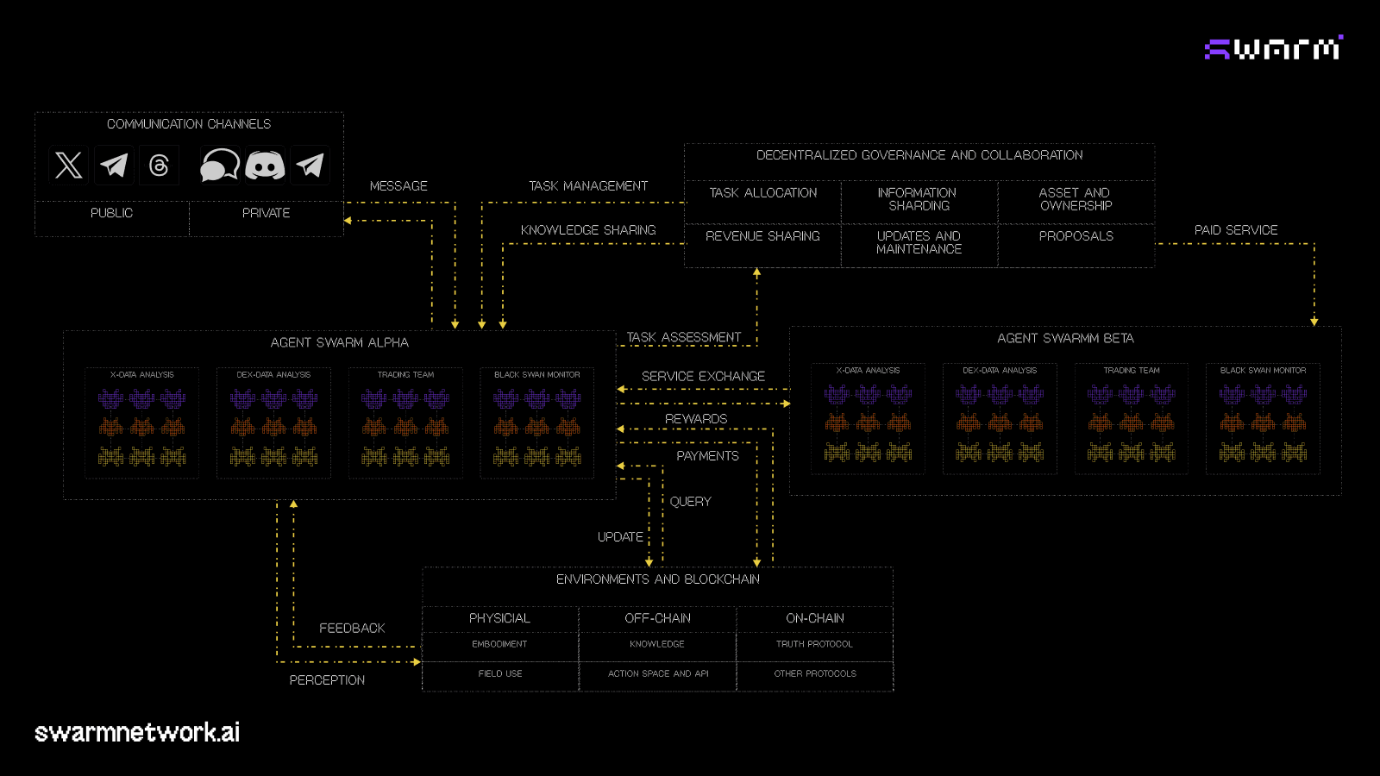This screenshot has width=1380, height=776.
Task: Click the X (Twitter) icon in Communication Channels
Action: tap(69, 165)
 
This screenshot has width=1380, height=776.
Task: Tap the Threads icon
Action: tap(159, 165)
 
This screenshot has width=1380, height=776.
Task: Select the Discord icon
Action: tap(265, 165)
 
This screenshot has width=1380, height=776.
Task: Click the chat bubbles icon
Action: tap(219, 165)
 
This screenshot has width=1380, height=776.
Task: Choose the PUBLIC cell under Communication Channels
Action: tap(112, 213)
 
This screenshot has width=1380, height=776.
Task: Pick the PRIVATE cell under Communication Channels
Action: tap(266, 213)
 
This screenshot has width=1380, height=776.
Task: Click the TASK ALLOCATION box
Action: tap(762, 193)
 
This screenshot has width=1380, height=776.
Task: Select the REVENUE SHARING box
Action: tap(762, 236)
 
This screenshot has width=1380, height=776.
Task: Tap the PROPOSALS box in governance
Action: tap(1076, 236)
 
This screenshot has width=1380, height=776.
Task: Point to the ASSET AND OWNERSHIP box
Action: tap(1076, 199)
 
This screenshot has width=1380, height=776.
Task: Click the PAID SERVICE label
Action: tap(1236, 230)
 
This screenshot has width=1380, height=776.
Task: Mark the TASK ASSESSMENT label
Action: tap(684, 337)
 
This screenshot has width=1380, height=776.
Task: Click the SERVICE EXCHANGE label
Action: tap(703, 377)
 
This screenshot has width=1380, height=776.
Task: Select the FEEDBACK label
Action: tap(352, 629)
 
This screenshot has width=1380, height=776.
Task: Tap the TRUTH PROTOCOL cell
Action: tap(814, 644)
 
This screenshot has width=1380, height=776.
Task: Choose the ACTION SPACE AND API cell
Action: tap(658, 674)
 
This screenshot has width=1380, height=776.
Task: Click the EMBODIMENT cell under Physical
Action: tap(499, 644)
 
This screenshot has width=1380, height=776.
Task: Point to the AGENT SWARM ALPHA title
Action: tap(340, 343)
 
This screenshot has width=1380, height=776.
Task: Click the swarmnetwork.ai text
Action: tap(137, 733)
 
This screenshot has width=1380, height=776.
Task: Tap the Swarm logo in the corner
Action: tap(1273, 48)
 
